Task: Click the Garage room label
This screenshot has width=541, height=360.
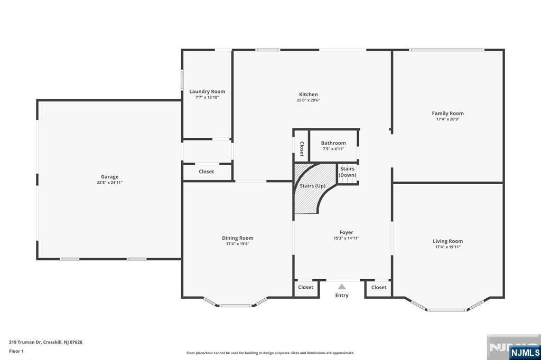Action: tap(110, 176)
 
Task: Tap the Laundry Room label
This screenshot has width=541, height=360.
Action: tap(207, 91)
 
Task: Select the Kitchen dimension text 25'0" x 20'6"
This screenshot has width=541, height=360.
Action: tap(309, 100)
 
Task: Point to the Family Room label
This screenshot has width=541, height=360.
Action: tap(448, 113)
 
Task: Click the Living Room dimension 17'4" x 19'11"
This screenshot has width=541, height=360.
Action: tap(448, 247)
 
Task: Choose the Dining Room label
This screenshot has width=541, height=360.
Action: tap(237, 238)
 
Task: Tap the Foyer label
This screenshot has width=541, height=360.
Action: tap(346, 232)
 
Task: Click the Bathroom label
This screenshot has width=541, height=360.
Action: tap(333, 143)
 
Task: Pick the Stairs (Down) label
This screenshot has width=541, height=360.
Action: tap(347, 172)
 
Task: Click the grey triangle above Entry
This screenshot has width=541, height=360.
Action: tap(342, 287)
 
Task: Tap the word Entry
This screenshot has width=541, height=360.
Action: tap(342, 296)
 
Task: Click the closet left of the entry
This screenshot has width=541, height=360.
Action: tap(306, 288)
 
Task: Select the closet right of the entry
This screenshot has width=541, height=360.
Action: tap(379, 288)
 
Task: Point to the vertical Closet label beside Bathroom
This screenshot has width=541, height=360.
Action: tap(302, 149)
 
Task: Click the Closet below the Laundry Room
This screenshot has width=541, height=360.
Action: tap(207, 172)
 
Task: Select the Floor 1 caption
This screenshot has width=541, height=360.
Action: tap(16, 352)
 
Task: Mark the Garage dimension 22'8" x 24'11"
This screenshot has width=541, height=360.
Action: tap(110, 183)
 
